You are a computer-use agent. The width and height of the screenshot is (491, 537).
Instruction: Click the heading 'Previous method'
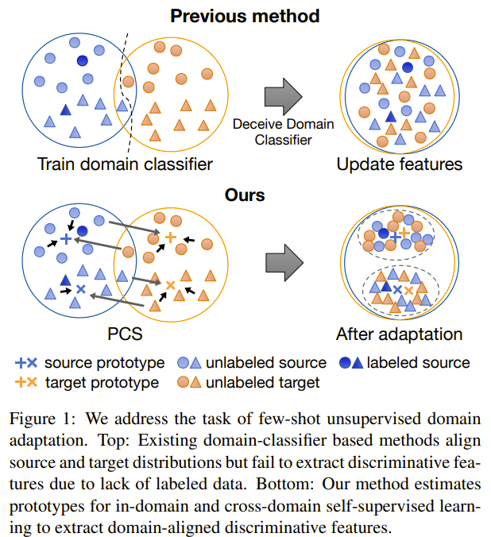(x=244, y=15)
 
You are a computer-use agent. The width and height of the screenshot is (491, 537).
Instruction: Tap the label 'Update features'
(x=399, y=165)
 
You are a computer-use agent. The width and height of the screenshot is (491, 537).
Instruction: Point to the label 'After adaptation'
(x=399, y=334)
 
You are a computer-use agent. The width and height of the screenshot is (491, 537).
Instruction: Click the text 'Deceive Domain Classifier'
(x=283, y=133)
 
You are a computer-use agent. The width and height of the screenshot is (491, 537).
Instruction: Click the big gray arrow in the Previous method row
(x=282, y=95)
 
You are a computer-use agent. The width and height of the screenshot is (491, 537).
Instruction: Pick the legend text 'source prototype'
(x=104, y=363)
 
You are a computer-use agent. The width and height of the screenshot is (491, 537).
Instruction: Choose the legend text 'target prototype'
(x=101, y=382)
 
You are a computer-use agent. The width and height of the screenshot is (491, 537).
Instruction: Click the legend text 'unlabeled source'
(x=266, y=363)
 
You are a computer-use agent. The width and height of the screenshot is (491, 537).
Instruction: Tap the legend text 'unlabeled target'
(x=262, y=382)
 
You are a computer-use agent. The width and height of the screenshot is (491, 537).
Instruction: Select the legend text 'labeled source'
(x=418, y=363)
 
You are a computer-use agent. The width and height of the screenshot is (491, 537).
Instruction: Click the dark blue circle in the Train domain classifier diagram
(x=83, y=60)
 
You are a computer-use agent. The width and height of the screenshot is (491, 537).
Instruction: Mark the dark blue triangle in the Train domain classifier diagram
(x=66, y=110)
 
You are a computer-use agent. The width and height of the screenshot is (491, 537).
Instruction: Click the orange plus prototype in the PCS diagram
(x=170, y=236)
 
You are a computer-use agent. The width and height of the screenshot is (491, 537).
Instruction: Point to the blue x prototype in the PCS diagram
(x=79, y=289)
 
